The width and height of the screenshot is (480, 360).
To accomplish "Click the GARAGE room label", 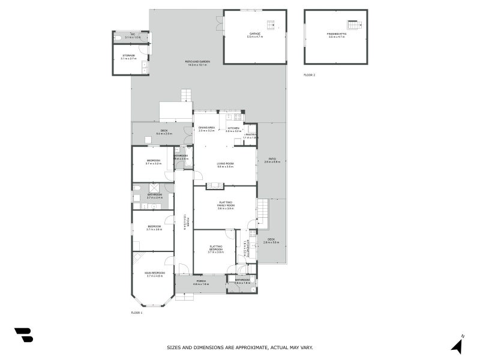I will coord(255,35).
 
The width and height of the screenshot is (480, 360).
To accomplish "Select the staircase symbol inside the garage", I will coord(271,25).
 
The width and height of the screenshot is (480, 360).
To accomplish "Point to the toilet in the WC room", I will coord(118,37).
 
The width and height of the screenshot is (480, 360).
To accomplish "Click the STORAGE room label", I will coord(128,56).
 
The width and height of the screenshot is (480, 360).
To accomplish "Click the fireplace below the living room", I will coord(214,186).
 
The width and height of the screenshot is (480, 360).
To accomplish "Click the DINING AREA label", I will coord(207,128).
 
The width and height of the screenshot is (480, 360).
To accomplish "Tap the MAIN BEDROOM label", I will coord(154,274).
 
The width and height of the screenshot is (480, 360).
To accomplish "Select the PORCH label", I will coord(201,283).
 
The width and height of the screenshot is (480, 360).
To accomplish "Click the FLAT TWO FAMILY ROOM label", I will coord(226,205).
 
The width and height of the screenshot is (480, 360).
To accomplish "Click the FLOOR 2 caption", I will coord(309,75).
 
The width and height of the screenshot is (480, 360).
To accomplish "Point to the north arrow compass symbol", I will coord(458,345).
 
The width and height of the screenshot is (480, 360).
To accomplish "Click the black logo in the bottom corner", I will coord(23,335).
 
